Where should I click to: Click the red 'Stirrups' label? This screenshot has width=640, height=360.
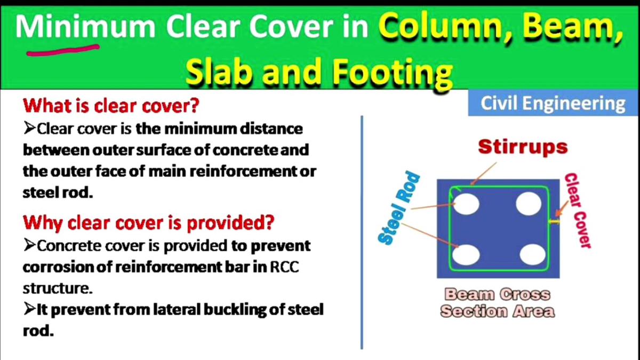(523, 147)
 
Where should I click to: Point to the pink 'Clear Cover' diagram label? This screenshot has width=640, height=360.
(578, 211)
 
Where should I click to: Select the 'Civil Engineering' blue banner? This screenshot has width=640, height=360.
(553, 103)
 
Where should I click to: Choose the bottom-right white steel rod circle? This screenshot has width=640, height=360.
(532, 254)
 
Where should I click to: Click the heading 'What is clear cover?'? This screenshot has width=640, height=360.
(111, 106)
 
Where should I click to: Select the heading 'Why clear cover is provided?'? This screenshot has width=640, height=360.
(148, 222)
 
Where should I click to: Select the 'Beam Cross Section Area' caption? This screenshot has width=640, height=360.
(497, 302)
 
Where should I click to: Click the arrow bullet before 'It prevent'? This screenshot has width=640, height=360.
(29, 309)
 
